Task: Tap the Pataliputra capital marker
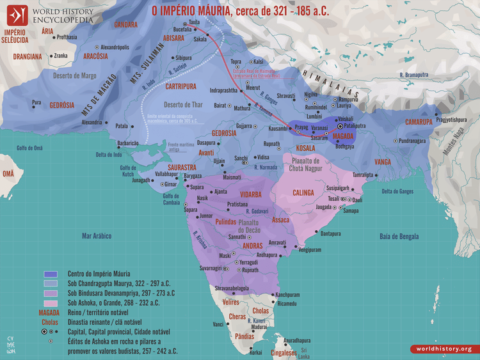pos(340,127)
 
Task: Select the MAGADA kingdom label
pos(343,136)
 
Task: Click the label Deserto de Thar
pos(183,104)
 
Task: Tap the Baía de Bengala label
pos(403,237)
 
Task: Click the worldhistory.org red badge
pos(441,349)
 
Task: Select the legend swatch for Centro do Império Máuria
pos(51,274)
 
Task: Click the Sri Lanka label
pos(309,351)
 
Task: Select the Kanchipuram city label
pos(289,295)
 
